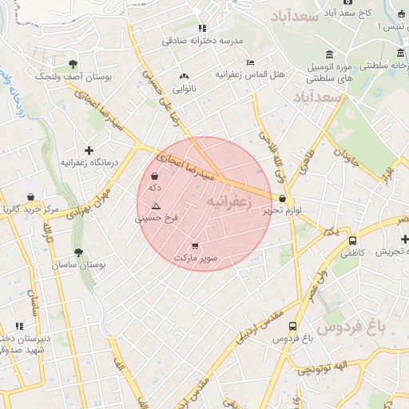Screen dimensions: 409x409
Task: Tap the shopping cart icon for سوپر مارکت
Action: pos(196,245)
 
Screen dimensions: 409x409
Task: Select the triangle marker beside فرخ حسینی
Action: pos(156,206)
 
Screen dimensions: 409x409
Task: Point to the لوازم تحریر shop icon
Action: pos(282,199)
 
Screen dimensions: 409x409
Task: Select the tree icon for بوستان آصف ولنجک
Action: pos(73,64)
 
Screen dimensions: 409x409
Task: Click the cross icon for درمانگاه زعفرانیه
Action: pos(89,150)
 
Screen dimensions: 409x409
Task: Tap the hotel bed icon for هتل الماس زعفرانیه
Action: pos(250,62)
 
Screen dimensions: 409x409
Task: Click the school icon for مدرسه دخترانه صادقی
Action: pos(203,28)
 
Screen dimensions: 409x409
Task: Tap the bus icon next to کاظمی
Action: pos(352,240)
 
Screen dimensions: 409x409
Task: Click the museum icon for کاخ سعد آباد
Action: pos(332,14)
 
